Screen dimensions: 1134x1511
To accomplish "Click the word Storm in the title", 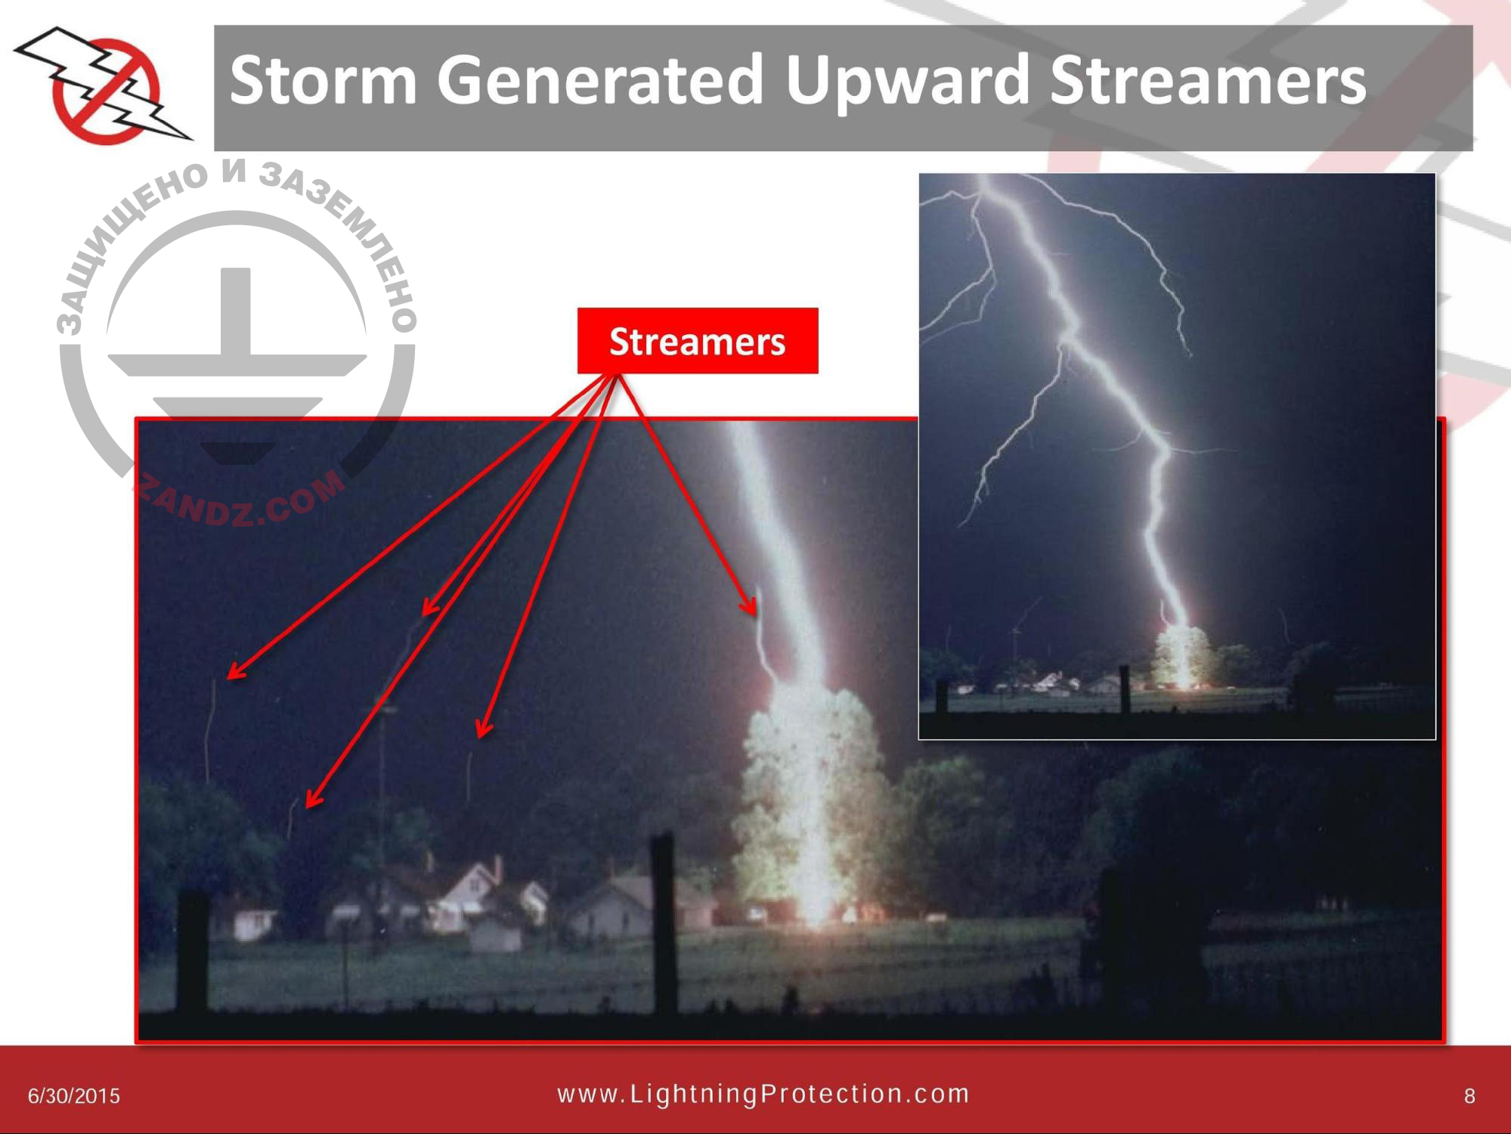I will pos(323,80).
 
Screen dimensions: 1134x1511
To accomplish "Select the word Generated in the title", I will pos(599,80).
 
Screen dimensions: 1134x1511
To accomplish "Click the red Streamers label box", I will pos(697,341).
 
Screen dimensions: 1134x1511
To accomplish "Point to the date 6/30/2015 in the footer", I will pos(74,1096).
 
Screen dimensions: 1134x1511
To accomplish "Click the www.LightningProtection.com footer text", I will pos(763,1094).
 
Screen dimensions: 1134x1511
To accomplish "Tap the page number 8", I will pos(1469,1096).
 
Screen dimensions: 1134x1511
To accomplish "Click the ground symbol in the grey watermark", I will pos(237,355).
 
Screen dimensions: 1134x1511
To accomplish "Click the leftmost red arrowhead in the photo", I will pos(236,671).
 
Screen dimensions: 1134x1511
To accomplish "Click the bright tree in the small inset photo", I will pos(1183,656).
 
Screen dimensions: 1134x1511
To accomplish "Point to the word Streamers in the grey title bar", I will pos(1207,82).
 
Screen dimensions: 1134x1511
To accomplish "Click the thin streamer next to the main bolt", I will pos(762,643).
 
